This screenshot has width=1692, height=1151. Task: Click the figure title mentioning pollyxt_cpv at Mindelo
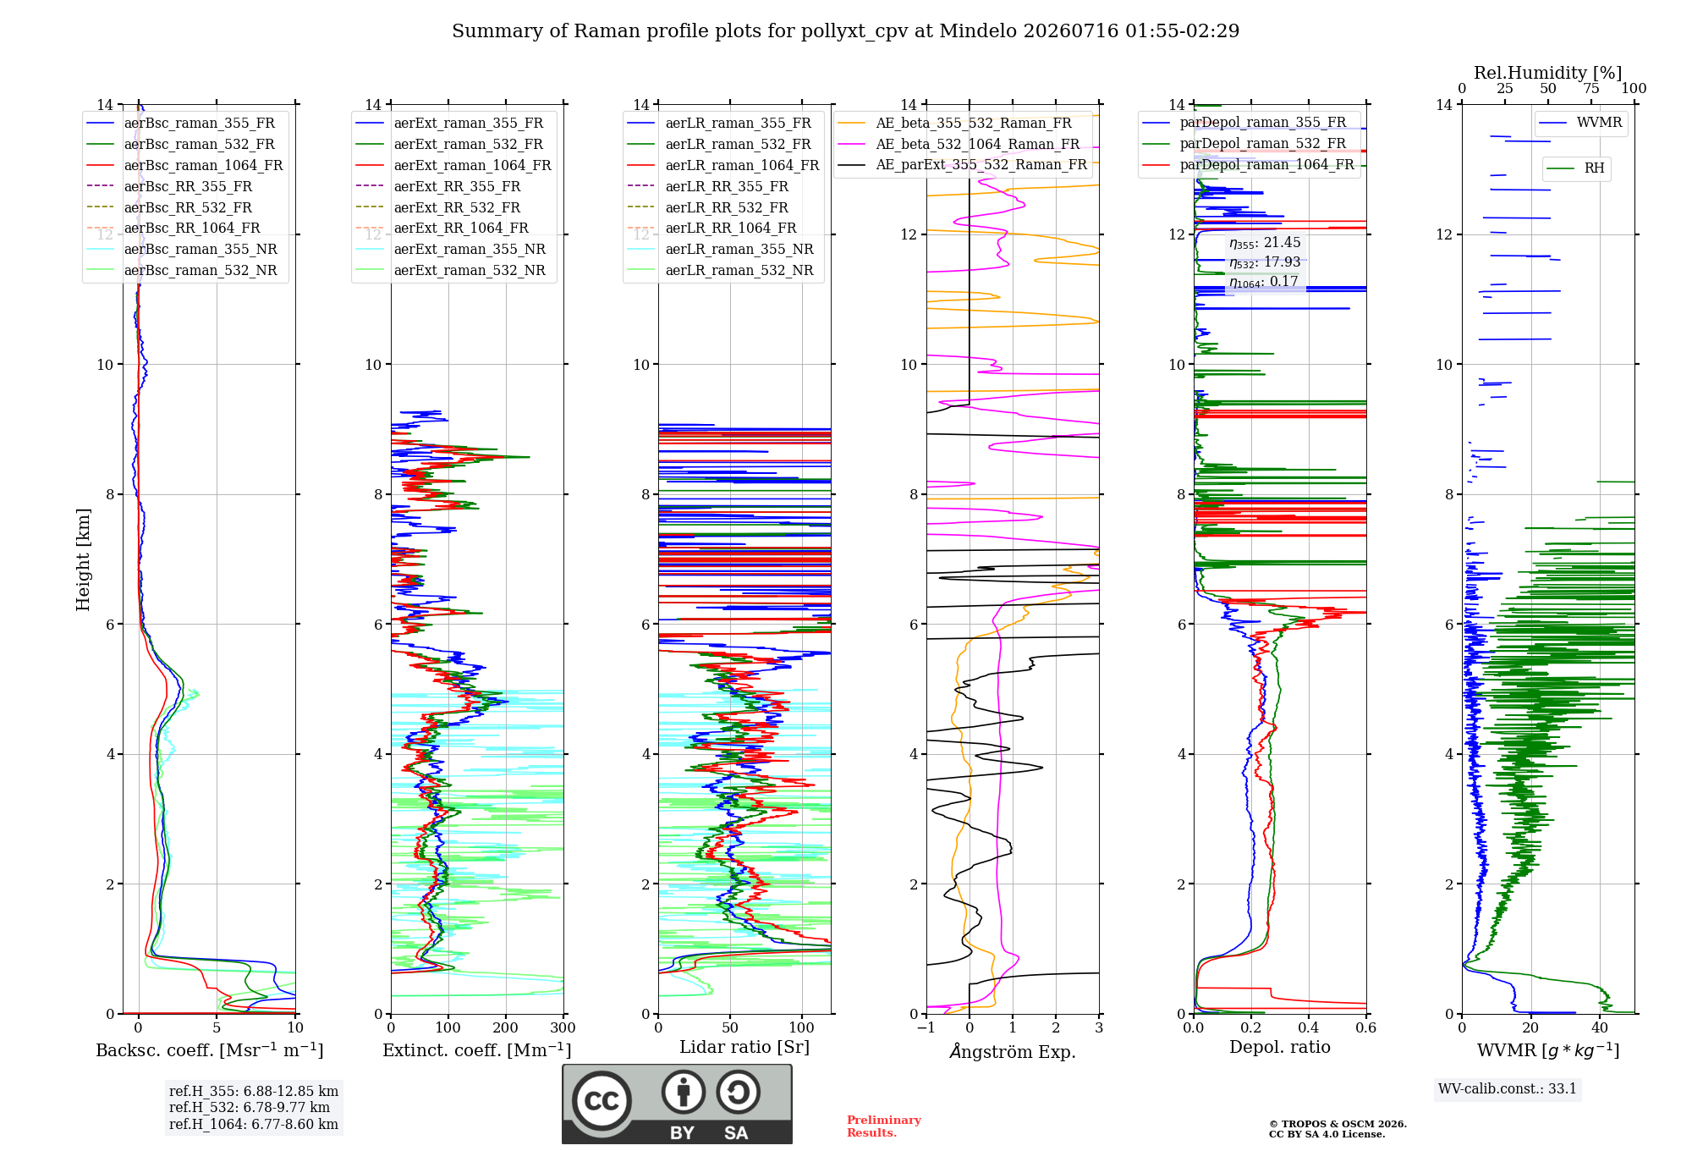coord(845,31)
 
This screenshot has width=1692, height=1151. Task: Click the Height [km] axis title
coord(83,559)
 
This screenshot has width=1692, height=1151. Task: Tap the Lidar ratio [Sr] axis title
coord(744,1047)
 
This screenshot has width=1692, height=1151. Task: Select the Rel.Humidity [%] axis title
coord(1548,73)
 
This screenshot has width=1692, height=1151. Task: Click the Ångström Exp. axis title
coord(1013,1051)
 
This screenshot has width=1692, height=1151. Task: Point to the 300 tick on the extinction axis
coord(563,1028)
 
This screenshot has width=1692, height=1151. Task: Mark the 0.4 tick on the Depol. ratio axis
coord(1309,1028)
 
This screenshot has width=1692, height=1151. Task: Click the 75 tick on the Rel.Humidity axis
coord(1591,88)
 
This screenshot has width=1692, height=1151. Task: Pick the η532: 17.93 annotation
coord(1265,262)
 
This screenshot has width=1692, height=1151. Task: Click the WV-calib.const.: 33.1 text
coord(1508,1088)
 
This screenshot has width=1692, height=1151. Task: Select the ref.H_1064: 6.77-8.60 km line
coord(254,1124)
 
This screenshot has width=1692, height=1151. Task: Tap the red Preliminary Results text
coord(884,1126)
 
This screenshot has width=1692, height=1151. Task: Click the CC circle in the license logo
coord(602,1100)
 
